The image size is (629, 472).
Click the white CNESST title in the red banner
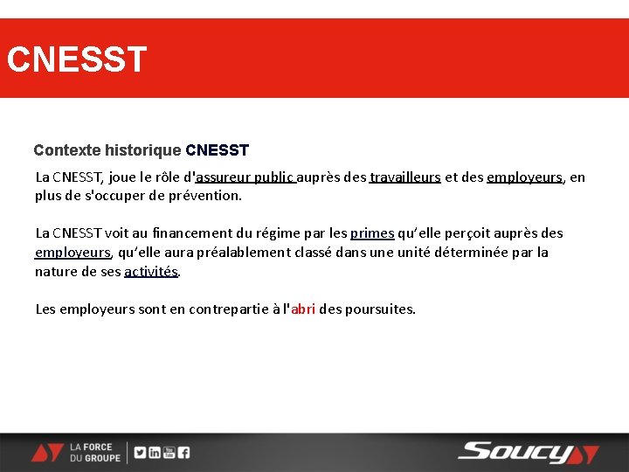click(77, 60)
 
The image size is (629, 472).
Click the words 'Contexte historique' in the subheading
click(107, 150)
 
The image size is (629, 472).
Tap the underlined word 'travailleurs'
click(404, 177)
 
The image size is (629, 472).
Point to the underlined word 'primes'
click(372, 233)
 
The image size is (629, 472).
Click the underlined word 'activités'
click(151, 272)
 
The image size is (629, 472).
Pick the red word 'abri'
click(303, 309)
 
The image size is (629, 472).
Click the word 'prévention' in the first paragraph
click(208, 196)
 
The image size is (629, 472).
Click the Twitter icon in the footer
click(141, 453)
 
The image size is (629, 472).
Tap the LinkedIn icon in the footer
click(155, 453)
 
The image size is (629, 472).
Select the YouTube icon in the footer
click(169, 453)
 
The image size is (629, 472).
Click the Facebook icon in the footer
click(183, 453)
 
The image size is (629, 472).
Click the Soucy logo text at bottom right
click(515, 452)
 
